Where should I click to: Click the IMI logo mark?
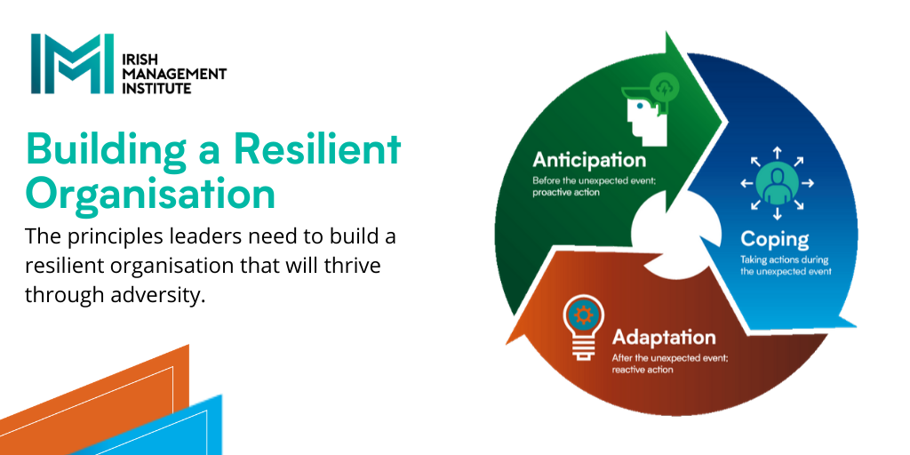[73, 64]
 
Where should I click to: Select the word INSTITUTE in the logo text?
[156, 88]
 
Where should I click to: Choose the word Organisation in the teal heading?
[149, 196]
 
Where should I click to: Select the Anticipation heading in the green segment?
[589, 160]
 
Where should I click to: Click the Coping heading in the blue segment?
[775, 240]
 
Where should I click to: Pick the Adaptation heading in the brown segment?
[664, 337]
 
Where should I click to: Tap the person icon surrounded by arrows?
[777, 183]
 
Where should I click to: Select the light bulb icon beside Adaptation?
[583, 327]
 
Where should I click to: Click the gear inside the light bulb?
[583, 315]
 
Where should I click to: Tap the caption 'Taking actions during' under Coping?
[784, 260]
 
